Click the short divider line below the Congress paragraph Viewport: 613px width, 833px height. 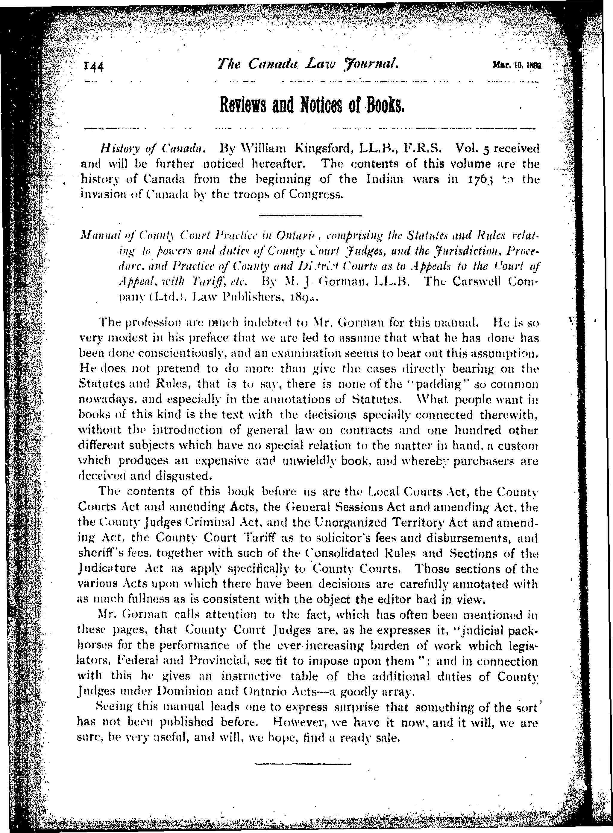(309, 215)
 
